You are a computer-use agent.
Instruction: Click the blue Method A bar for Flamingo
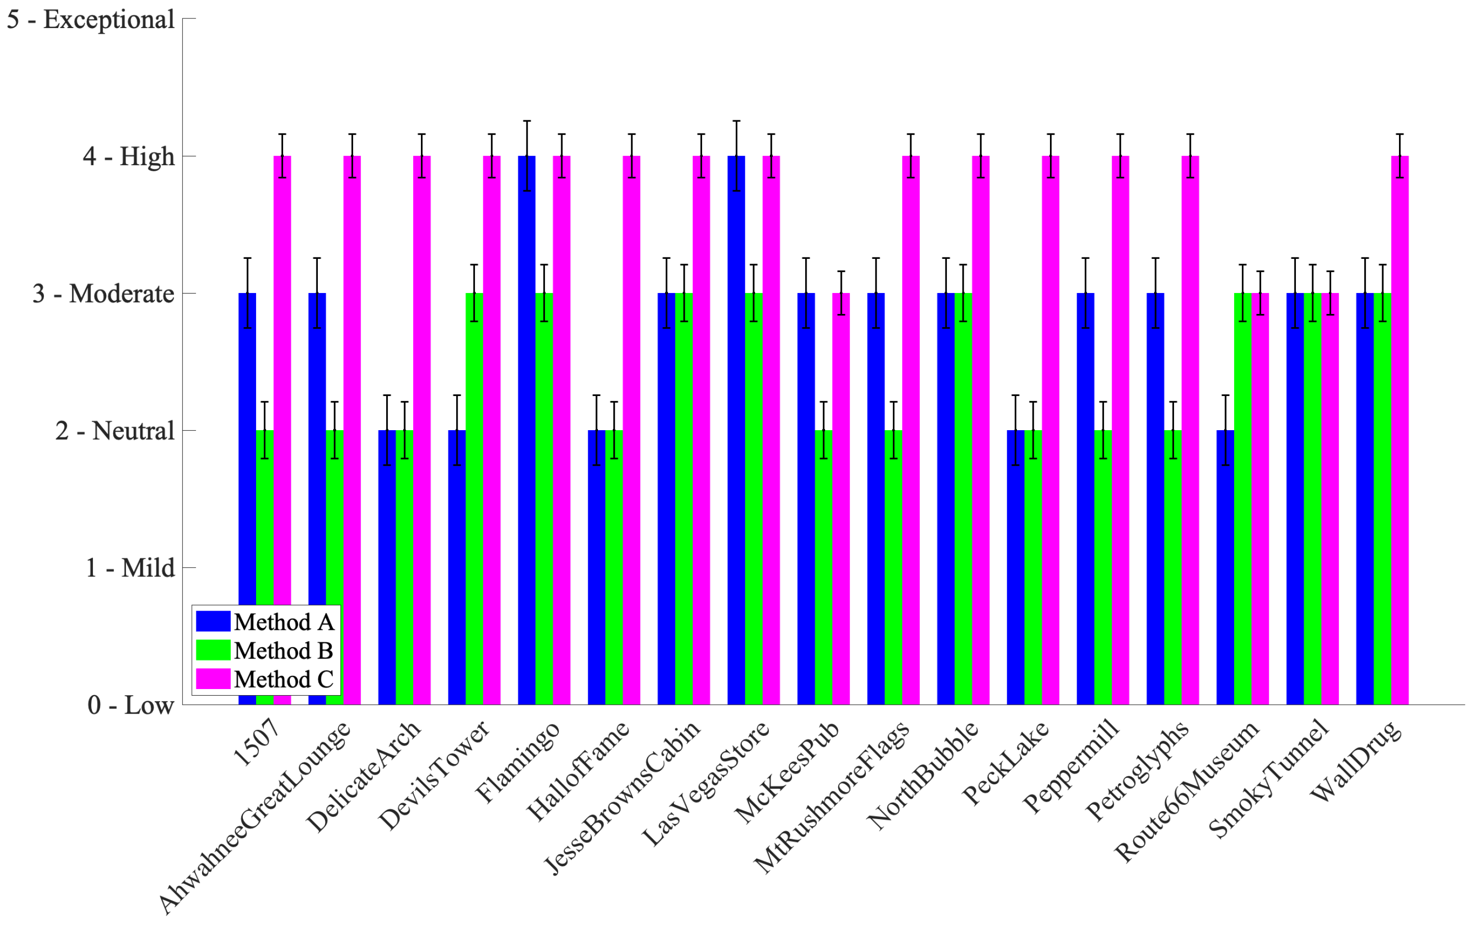click(526, 428)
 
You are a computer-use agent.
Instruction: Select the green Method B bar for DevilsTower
click(474, 498)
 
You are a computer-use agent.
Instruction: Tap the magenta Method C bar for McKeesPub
click(841, 498)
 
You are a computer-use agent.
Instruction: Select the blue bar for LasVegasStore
click(736, 428)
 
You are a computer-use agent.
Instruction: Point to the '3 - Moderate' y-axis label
click(103, 294)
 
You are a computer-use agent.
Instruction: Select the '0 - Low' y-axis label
click(131, 705)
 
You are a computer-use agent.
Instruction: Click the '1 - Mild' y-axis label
click(130, 568)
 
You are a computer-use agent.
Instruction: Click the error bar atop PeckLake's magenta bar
click(1051, 155)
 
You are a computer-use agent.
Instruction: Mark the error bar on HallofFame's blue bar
click(596, 430)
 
